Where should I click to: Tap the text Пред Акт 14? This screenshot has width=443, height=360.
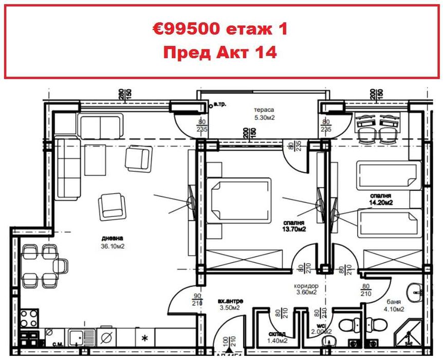coord(220,52)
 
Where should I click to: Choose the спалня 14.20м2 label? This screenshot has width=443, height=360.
coord(380,200)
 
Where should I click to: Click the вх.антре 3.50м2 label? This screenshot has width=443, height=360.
coord(230,304)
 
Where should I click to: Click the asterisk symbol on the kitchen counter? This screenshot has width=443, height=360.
coord(145,339)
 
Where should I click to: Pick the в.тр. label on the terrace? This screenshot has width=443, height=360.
coord(221,104)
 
